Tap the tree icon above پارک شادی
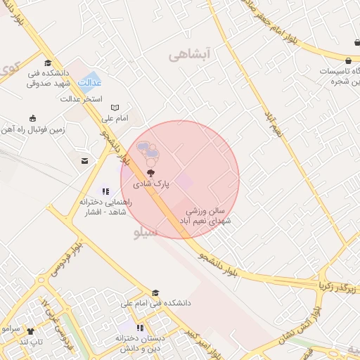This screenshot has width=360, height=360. (150, 172)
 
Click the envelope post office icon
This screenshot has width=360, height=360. (85, 162)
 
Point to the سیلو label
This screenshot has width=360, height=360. (146, 232)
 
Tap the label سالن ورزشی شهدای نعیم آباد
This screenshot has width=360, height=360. (207, 216)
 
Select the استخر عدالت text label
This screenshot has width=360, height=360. (83, 99)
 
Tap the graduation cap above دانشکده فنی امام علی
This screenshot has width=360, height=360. (155, 293)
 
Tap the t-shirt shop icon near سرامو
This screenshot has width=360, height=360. (30, 330)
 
